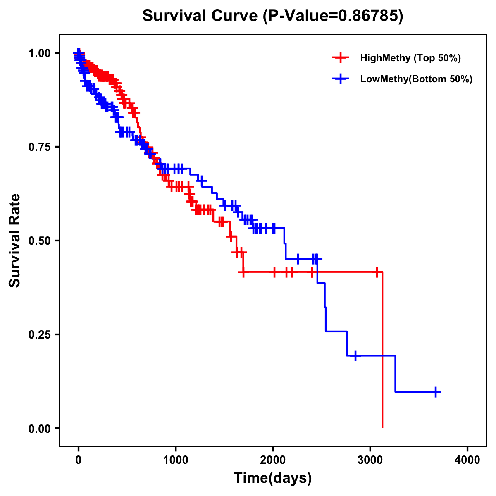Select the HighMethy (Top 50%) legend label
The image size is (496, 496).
click(410, 58)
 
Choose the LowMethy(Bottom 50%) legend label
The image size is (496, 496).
click(416, 79)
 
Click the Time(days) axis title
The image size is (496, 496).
click(273, 478)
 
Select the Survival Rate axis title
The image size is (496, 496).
click(15, 241)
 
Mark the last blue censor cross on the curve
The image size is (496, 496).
click(436, 392)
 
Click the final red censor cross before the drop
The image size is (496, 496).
click(377, 272)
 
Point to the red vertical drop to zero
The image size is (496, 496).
click(382, 351)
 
